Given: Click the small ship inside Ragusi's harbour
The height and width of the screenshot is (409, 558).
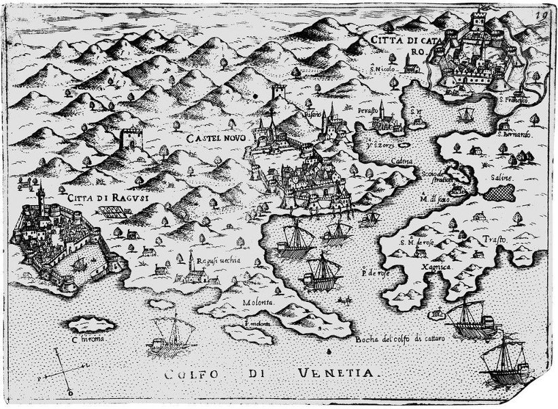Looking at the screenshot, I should (78, 262).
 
